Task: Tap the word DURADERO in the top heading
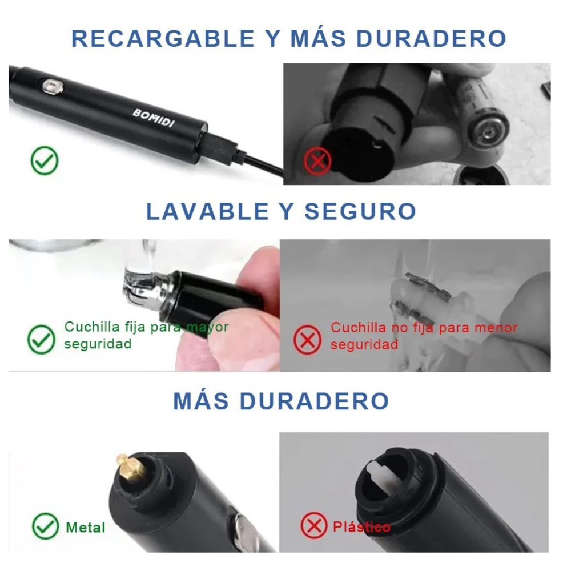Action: click(431, 38)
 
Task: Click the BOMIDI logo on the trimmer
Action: click(153, 118)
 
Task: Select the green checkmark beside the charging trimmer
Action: click(45, 160)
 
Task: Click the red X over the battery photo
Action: click(317, 161)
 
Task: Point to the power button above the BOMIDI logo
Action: click(53, 86)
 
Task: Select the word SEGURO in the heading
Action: click(360, 211)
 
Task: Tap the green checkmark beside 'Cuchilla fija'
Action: click(41, 339)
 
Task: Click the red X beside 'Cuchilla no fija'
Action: click(307, 340)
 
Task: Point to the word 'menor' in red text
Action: click(496, 328)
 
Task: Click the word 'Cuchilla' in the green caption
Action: click(92, 327)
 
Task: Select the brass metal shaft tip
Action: click(130, 468)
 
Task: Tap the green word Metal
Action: click(85, 527)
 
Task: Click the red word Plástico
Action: click(361, 527)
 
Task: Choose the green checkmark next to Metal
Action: click(46, 526)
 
